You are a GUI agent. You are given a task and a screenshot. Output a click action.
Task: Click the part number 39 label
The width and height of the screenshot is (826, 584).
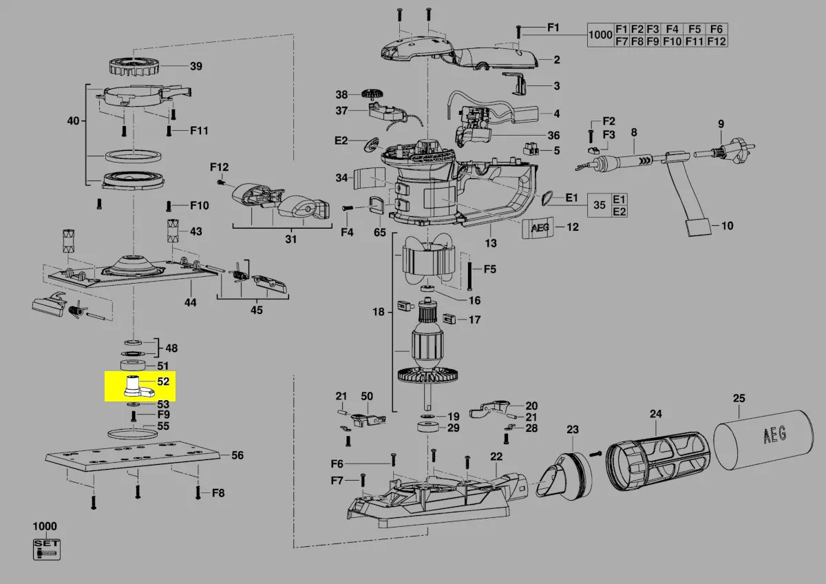pyautogui.click(x=196, y=66)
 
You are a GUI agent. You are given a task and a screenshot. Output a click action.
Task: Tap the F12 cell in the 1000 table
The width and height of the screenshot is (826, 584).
pyautogui.click(x=717, y=41)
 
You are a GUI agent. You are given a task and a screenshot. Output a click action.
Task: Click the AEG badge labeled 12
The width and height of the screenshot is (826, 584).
pyautogui.click(x=536, y=227)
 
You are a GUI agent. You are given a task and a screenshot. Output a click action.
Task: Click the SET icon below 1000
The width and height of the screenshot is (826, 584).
pyautogui.click(x=47, y=549)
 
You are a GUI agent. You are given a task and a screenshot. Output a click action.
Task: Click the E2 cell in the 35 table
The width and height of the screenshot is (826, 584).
pyautogui.click(x=619, y=211)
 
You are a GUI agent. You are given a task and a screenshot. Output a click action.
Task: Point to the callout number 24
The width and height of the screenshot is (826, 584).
pyautogui.click(x=655, y=414)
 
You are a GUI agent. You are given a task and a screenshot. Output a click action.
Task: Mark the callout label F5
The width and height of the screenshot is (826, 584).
pyautogui.click(x=489, y=269)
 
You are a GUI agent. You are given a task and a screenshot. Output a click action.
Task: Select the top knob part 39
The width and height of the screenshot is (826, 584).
pyautogui.click(x=135, y=67)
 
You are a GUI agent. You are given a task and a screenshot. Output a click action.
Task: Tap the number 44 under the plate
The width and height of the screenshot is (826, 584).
pyautogui.click(x=191, y=302)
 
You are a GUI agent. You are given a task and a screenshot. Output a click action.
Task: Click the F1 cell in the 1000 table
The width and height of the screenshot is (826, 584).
pyautogui.click(x=622, y=29)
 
